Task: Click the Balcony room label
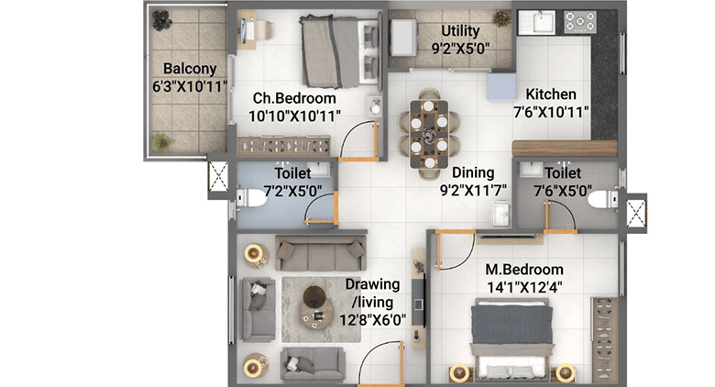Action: coord(190,69)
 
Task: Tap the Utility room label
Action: coord(460,31)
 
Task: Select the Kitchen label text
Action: coord(551,94)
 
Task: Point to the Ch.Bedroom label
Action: coord(295,98)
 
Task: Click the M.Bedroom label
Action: coord(524,270)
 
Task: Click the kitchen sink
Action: coord(533,21)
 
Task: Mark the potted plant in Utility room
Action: coord(500,18)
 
